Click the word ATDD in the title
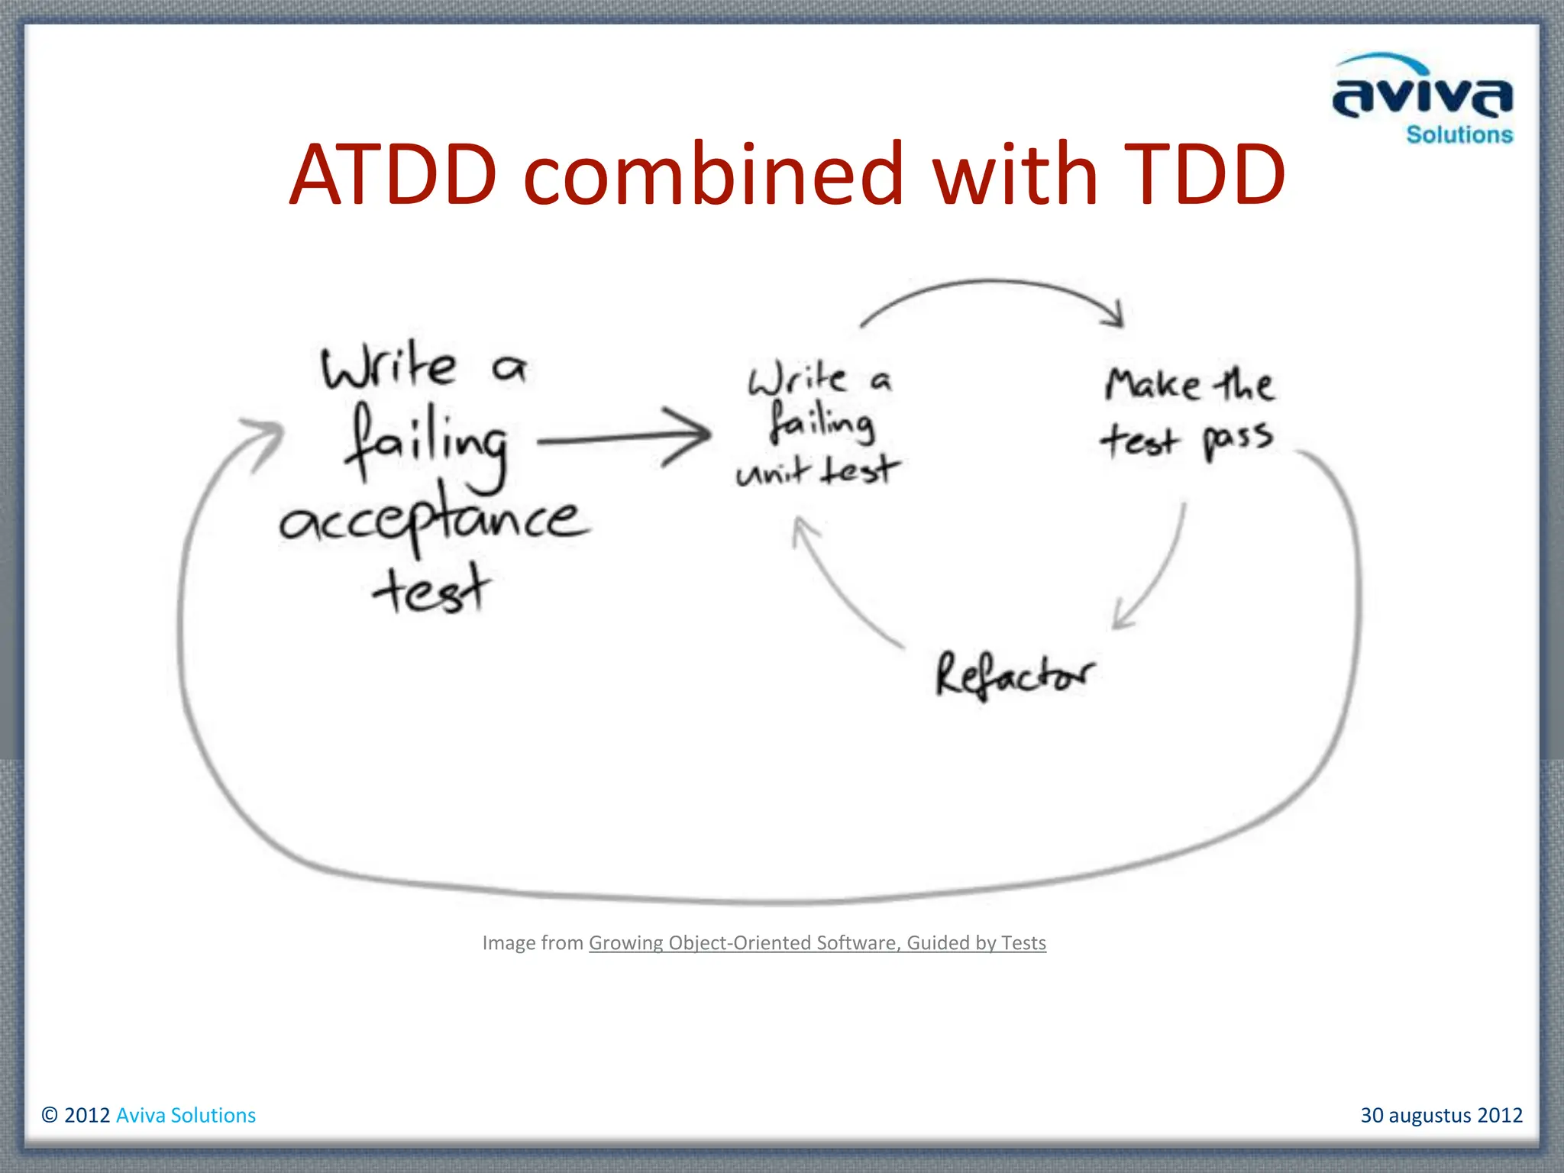tap(393, 176)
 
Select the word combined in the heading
tap(713, 176)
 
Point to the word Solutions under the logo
tap(1459, 135)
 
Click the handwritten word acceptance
tap(434, 521)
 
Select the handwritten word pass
tap(1238, 440)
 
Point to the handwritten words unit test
tap(817, 471)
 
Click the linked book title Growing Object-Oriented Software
tap(817, 943)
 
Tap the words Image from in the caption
tap(532, 943)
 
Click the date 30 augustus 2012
tap(1441, 1115)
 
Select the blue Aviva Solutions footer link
tap(186, 1115)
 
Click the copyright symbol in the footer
tap(50, 1115)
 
